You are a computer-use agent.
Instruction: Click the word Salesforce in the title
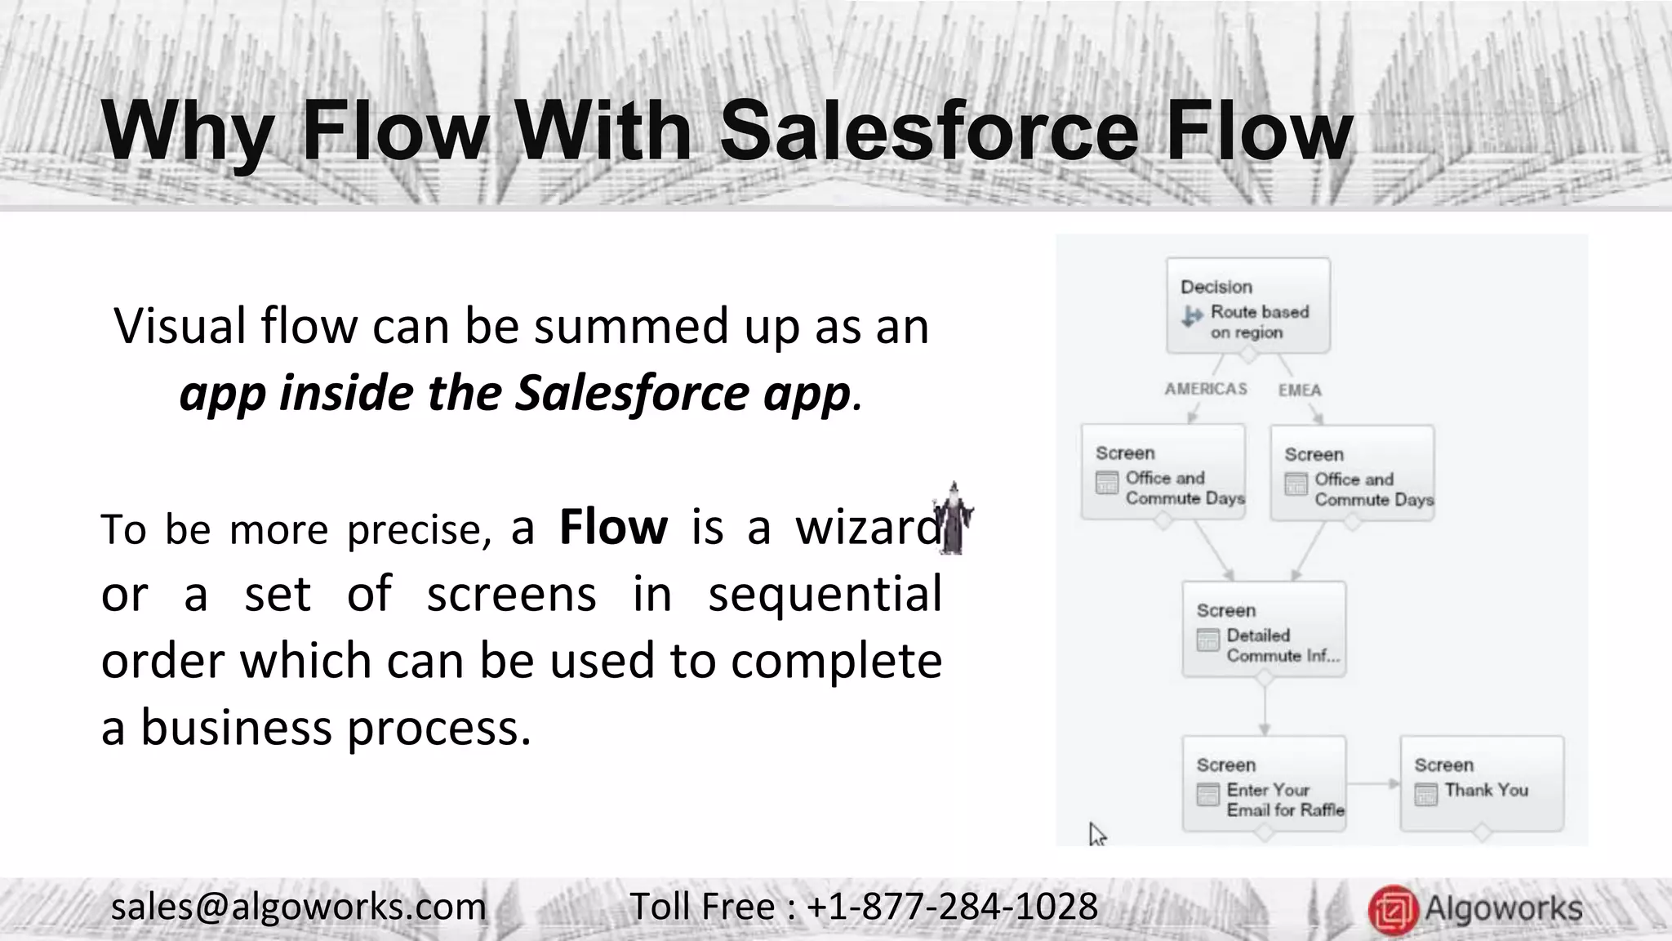coord(929,131)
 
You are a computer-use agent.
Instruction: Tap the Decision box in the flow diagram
coord(1247,305)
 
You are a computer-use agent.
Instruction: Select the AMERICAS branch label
coord(1205,389)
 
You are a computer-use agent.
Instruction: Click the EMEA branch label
coord(1299,390)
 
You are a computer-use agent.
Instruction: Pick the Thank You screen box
coord(1481,783)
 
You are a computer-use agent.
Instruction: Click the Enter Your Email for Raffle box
coord(1264,784)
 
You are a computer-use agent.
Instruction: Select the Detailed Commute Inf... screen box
coord(1264,629)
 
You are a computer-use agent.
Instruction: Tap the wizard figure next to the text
coord(953,520)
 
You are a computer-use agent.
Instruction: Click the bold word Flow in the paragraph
coord(613,527)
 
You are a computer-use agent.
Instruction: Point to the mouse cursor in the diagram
coord(1096,834)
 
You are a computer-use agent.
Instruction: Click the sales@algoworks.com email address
coord(298,907)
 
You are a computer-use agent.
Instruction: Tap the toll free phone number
coord(952,907)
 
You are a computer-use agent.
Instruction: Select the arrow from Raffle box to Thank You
coord(1372,784)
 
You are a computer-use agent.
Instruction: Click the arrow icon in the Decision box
coord(1192,316)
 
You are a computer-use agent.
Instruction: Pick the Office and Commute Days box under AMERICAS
coord(1163,471)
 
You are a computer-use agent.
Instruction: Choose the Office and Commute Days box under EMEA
coord(1352,473)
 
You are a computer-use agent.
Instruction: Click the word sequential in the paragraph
coord(825,594)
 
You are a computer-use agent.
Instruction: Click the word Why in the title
coord(186,131)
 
